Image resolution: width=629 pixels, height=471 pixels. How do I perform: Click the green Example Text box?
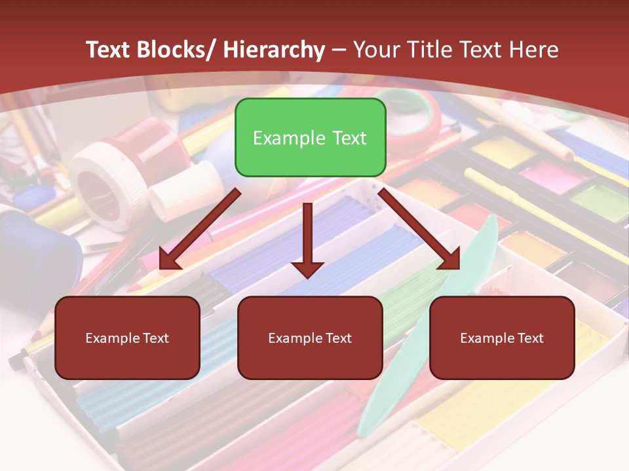coord(310,137)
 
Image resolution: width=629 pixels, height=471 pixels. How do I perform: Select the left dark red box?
coord(127,338)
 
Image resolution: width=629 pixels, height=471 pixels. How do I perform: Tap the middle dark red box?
coord(310,338)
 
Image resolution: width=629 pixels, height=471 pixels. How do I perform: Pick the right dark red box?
coord(502,338)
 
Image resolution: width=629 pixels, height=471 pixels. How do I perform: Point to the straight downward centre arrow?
coord(307,239)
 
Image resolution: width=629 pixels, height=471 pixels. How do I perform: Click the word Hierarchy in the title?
coord(273,50)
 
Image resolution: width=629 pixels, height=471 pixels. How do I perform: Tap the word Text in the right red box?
coord(529,338)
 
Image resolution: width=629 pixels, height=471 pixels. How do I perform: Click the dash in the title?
coord(339,50)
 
